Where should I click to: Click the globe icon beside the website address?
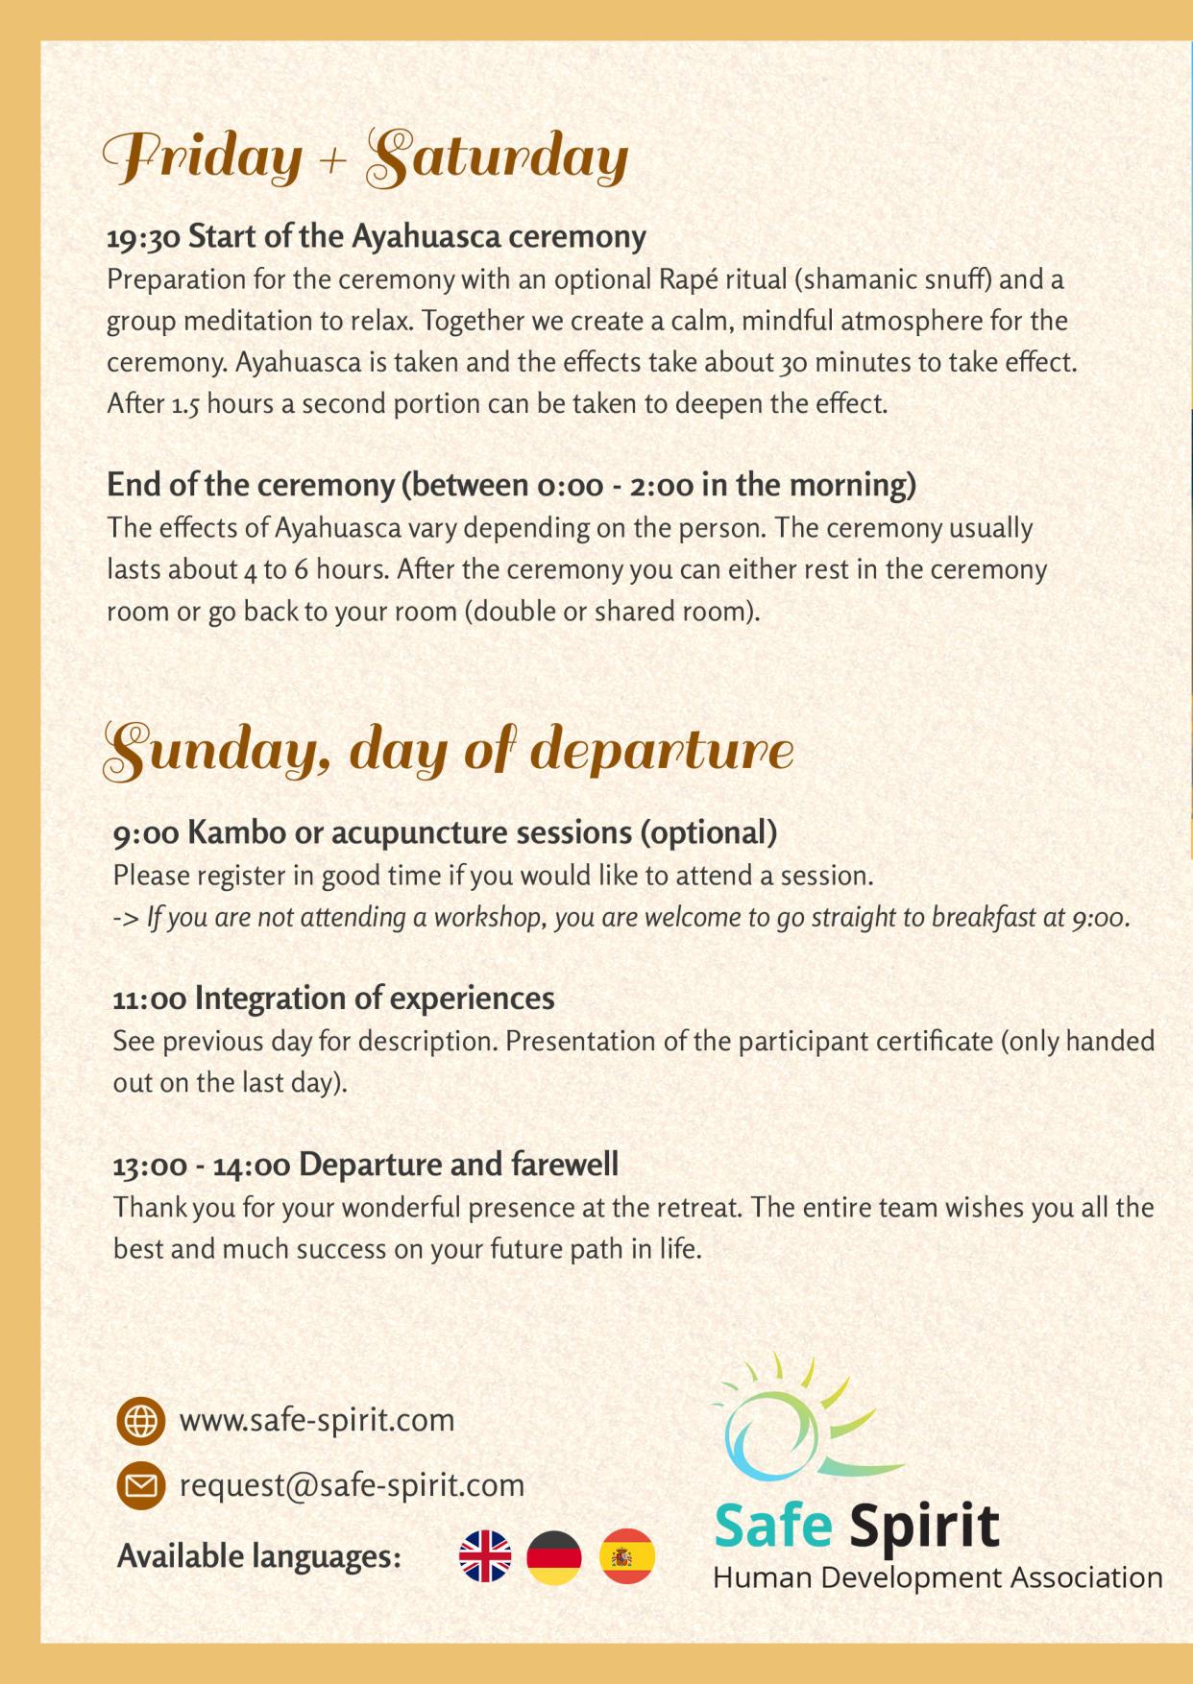point(140,1420)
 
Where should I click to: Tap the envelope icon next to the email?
point(140,1485)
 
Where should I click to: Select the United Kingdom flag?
point(485,1556)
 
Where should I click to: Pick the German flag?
point(554,1556)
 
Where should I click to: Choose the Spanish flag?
point(627,1556)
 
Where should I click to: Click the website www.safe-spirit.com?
point(317,1420)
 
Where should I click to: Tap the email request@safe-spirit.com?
point(352,1485)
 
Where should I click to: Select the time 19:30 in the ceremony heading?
point(143,236)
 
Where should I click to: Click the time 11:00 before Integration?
point(150,998)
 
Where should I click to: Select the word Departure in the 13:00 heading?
point(370,1165)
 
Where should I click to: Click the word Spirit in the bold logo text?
point(924,1525)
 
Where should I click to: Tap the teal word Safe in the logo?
point(773,1525)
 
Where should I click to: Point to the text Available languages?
point(258,1556)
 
